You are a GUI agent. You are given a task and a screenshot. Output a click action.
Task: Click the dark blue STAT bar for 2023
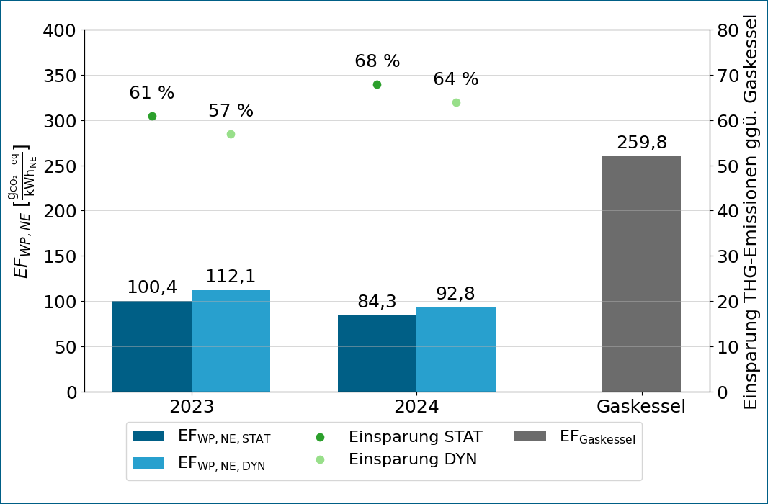coord(152,346)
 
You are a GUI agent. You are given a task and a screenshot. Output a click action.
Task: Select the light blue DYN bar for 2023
coord(231,341)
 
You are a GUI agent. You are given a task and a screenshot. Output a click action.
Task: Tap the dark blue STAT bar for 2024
coord(377,354)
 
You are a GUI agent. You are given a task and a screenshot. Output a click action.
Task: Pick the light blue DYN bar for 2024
coord(456,350)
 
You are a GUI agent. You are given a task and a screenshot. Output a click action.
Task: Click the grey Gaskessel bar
coord(642,274)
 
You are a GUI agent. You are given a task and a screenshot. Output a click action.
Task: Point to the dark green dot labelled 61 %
coord(152,116)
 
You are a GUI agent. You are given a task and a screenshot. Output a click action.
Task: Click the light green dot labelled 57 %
coord(231,134)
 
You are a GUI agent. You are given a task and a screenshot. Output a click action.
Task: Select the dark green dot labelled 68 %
coord(377,85)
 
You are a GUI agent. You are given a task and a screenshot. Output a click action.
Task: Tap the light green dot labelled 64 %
coord(456,103)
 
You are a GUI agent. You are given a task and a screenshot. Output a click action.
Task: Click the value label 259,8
coord(642,143)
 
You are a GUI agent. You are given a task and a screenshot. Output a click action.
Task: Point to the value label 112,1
coord(231,276)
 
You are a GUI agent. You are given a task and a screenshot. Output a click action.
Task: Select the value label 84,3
coord(377,302)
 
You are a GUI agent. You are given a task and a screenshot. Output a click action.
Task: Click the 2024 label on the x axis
coord(417,407)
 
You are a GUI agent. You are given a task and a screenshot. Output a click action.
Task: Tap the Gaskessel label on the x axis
coord(641,407)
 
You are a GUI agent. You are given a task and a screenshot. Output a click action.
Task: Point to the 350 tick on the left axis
coord(60,76)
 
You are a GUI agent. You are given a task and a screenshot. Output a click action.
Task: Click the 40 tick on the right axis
coord(728,211)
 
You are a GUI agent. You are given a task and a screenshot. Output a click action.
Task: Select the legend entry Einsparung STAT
coord(399,436)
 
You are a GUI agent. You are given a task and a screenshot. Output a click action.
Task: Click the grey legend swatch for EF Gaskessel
coord(530,436)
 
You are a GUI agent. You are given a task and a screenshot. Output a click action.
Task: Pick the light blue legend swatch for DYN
coord(148,463)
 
